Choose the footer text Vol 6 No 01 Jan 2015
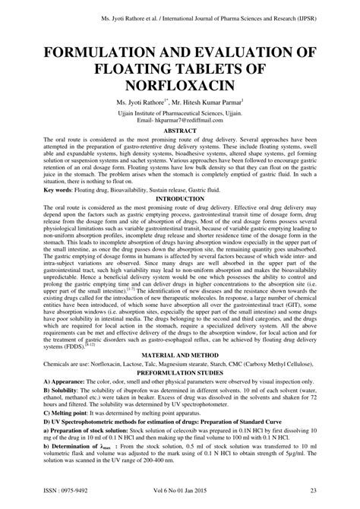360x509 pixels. pos(180,491)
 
